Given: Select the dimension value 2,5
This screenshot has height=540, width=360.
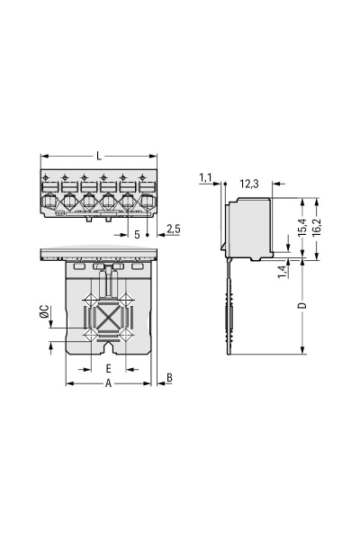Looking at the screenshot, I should [x=174, y=229].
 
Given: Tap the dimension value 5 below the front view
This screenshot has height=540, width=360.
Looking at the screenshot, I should [x=137, y=234].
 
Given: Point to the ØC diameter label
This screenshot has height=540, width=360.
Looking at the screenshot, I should [x=44, y=312].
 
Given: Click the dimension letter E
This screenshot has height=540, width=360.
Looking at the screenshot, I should [x=107, y=369].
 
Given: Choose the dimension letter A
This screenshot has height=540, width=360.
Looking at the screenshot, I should [x=107, y=382].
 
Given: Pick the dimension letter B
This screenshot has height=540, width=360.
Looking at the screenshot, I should [x=169, y=379].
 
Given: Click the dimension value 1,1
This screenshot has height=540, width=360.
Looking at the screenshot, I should [x=205, y=179].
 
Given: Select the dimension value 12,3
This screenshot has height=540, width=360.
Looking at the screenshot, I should [x=249, y=184].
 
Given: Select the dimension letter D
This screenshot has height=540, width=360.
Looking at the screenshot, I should [x=302, y=306].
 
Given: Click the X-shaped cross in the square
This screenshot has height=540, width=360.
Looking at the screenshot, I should [x=108, y=317].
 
